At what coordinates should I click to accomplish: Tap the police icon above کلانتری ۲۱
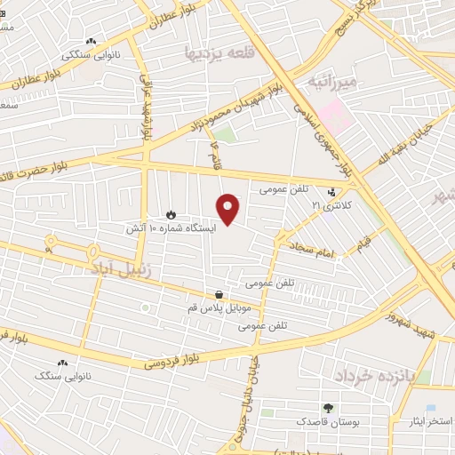point(331,191)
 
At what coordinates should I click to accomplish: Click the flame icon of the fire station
point(171,214)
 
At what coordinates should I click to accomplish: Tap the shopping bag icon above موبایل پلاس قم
point(220,294)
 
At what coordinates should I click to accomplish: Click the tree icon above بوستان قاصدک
point(330,407)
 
